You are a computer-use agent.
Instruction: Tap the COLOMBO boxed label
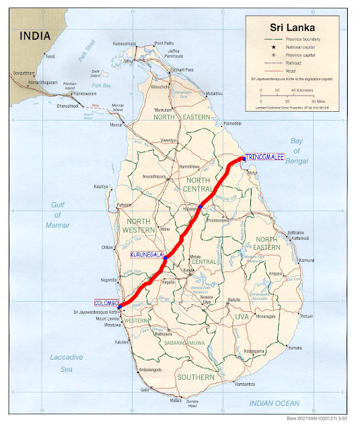(106, 303)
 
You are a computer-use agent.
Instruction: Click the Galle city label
(144, 390)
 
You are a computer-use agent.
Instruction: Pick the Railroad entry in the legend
(277, 61)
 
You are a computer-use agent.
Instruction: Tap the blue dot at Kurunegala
(166, 257)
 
